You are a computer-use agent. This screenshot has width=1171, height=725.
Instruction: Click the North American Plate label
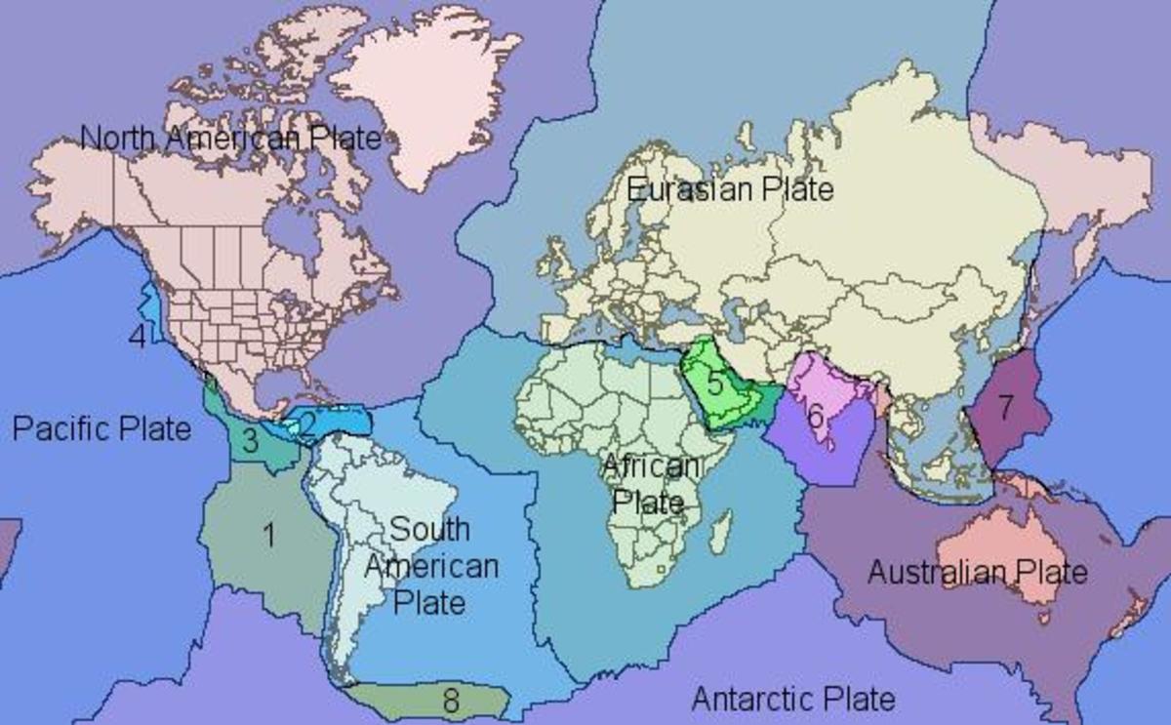(230, 138)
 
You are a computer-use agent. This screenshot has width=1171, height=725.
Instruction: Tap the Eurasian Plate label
(730, 188)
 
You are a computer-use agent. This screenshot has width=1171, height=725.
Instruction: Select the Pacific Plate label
(102, 427)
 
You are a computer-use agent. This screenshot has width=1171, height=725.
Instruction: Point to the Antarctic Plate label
(792, 699)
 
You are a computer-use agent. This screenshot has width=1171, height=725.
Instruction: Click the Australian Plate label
(977, 571)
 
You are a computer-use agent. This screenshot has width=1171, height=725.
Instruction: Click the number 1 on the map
(268, 534)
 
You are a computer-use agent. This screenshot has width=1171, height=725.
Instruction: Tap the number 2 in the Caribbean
(308, 423)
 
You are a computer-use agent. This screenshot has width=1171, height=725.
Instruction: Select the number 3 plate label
(250, 441)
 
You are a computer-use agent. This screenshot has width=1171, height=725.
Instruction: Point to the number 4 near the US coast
(139, 337)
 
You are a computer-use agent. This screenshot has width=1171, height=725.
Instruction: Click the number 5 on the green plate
(715, 382)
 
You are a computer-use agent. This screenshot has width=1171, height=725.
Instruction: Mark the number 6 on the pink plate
(816, 415)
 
